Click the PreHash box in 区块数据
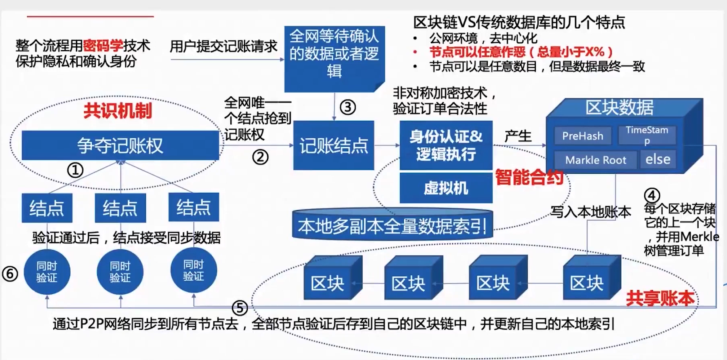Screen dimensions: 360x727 pos(582,136)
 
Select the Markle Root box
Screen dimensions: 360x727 pos(595,160)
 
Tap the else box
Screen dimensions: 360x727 pos(657,159)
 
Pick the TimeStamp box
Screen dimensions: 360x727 pos(647,135)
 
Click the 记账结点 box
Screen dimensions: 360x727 pos(333,145)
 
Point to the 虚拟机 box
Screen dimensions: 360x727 pos(446,188)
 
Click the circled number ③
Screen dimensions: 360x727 pos(348,107)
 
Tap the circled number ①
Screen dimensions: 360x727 pos(75,170)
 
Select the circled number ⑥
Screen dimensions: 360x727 pos(10,274)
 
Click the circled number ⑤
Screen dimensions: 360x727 pos(240,308)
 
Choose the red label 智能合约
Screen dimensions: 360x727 pos(529,177)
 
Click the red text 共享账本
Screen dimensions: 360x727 pos(660,299)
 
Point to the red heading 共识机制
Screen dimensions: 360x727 pos(118,111)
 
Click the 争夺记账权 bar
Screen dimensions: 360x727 pos(120,145)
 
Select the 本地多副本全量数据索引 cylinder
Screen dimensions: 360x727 pos(392,225)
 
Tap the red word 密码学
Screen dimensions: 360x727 pos(103,45)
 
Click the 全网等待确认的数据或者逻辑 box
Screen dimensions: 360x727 pos(334,54)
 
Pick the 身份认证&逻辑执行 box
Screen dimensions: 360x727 pos(446,145)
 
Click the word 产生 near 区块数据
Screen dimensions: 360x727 pos(518,136)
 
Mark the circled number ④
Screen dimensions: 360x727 pos(651,196)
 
